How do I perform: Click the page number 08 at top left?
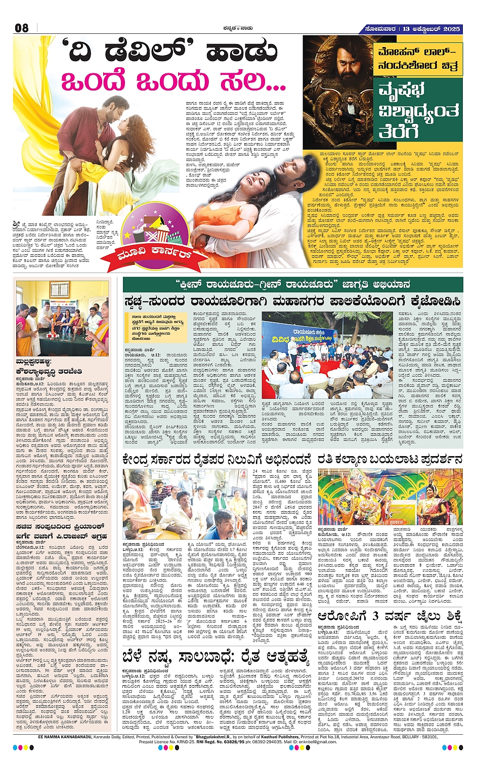coord(22,28)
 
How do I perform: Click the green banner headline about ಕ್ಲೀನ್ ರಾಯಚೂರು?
coord(293,284)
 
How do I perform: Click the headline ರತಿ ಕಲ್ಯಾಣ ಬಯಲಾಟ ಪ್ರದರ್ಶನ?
coord(390,460)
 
